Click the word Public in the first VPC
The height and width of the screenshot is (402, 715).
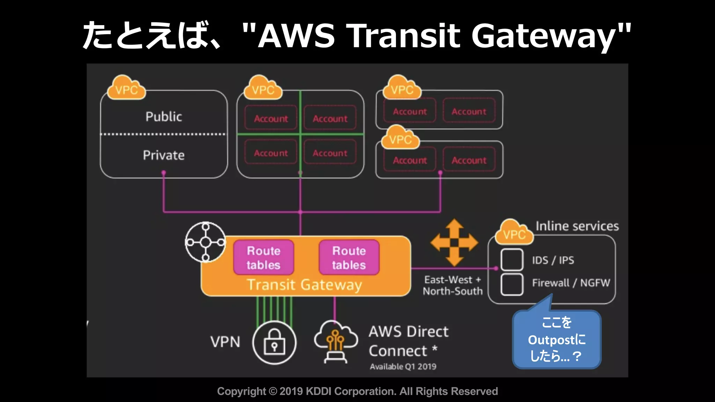point(163,117)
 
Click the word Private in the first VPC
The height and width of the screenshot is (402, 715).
point(163,155)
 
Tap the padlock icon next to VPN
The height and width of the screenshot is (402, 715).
point(274,342)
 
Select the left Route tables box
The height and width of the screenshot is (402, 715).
point(264,258)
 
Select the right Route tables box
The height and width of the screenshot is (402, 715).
point(349,258)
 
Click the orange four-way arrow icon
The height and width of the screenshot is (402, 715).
point(454,243)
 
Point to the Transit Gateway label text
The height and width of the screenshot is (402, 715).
point(304,285)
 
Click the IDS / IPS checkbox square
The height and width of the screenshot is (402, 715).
point(512,260)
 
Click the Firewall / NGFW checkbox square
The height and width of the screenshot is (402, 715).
point(512,284)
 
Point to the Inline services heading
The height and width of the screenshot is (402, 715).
point(577,226)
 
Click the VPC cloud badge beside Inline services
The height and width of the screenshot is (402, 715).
point(514,233)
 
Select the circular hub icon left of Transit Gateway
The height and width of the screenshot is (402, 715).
point(206,242)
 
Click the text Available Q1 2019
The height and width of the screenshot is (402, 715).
point(403,366)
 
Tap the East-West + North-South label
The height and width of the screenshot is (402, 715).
point(452,285)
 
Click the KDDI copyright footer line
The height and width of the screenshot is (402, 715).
point(357,391)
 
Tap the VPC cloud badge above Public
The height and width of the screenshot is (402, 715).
point(126,89)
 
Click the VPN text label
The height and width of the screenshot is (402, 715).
point(225,342)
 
